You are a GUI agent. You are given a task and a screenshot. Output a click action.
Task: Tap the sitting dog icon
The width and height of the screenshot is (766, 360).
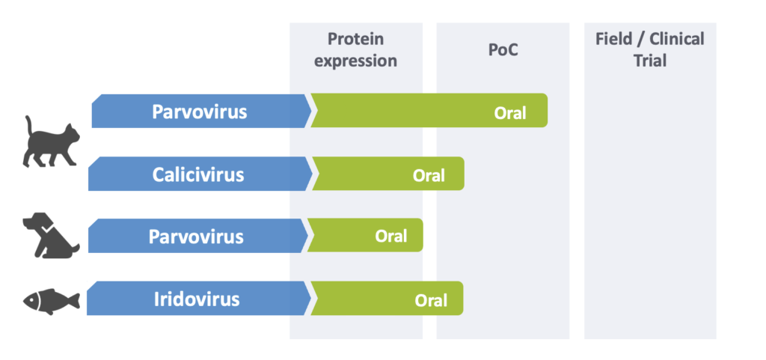click(51, 235)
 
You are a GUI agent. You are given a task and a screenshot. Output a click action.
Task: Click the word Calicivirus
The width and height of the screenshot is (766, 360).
click(197, 174)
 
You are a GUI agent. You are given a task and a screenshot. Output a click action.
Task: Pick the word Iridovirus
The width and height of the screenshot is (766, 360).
click(197, 299)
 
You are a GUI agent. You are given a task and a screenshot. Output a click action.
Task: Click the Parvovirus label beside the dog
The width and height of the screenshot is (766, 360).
click(196, 237)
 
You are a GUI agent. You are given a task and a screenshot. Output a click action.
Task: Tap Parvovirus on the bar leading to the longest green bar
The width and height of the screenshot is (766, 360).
click(199, 112)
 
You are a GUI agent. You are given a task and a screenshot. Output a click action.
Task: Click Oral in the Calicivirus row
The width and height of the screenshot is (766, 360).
click(429, 175)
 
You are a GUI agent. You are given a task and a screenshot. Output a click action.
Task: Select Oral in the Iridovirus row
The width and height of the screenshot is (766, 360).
click(431, 300)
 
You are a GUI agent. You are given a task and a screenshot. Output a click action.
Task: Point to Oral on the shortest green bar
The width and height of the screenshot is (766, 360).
click(390, 236)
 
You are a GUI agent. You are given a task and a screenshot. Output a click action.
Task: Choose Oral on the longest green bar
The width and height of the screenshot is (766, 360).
click(510, 113)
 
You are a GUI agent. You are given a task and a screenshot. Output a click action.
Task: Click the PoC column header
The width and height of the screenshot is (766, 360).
click(503, 50)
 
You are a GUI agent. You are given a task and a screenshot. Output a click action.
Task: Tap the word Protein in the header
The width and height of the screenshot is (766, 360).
click(355, 39)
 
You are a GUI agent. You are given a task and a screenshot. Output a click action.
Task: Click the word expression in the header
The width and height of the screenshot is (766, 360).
click(355, 61)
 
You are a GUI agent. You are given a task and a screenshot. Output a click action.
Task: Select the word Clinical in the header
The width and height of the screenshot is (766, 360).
click(676, 39)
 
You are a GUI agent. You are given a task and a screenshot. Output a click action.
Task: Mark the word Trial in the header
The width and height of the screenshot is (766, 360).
click(650, 61)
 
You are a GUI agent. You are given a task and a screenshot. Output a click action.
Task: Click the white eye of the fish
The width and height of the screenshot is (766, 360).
click(33, 297)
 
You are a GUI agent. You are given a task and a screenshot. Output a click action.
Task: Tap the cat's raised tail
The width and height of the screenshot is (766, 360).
click(30, 127)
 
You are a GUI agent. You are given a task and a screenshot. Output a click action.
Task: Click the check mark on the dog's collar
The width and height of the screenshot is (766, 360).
click(46, 228)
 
